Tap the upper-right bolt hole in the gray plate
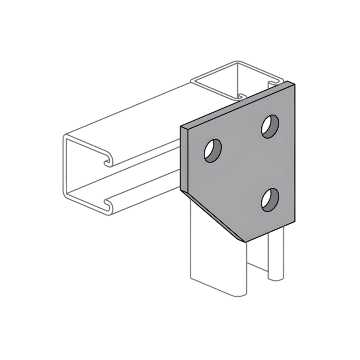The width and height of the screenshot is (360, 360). coord(270,126)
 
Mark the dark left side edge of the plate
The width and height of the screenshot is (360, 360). coord(184,159)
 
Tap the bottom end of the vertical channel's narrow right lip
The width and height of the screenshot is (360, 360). coord(275,278)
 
